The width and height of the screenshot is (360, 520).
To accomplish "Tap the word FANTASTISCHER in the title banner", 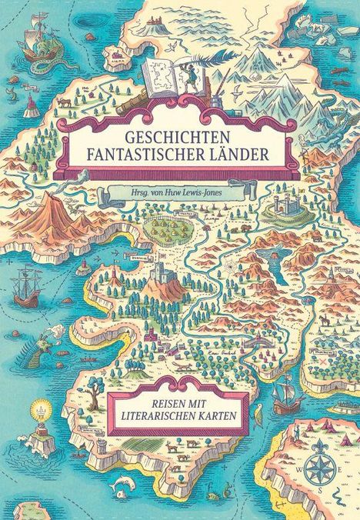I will coord(139,155).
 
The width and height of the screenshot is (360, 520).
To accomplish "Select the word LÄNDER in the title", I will coord(235,155).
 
